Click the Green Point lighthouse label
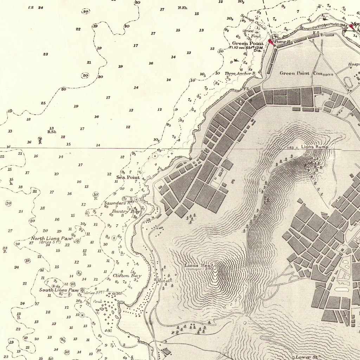tap(247, 44)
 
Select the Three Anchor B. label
tap(240, 73)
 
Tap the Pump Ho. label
tap(283, 41)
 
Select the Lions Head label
tap(198, 265)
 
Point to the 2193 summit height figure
tap(208, 269)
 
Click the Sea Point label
tap(128, 178)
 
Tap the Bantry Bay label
tap(126, 212)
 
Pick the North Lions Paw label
tap(51, 238)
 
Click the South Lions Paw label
tap(58, 290)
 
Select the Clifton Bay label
tap(127, 276)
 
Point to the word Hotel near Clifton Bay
tap(164, 281)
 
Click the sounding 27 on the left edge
tap(10, 231)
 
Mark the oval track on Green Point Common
tap(348, 83)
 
